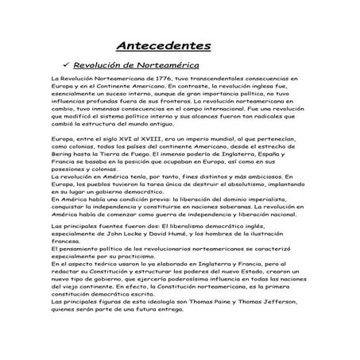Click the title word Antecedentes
click(164, 45)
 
